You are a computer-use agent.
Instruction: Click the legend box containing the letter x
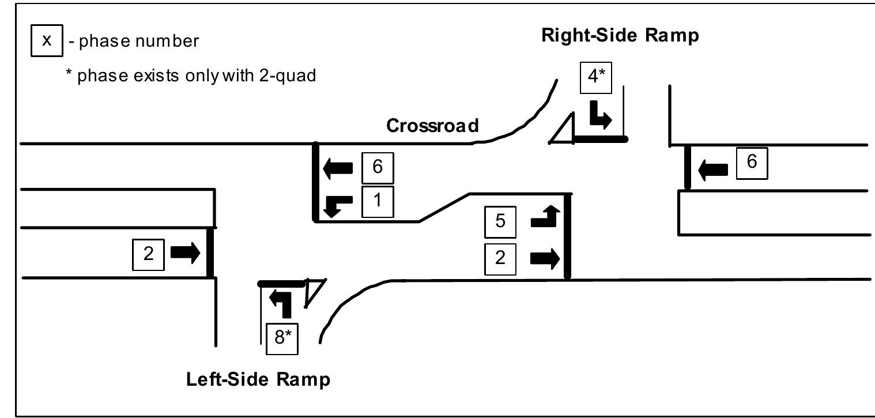click(x=47, y=41)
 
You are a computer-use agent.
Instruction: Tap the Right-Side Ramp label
click(x=620, y=36)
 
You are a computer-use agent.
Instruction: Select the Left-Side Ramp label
click(x=258, y=379)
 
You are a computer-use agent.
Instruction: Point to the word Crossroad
click(x=432, y=126)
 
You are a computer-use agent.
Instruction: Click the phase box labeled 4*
click(x=595, y=77)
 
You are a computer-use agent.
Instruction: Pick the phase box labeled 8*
click(x=281, y=338)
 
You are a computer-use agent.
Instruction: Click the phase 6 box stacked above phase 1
click(x=378, y=168)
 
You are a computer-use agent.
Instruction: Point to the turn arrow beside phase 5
click(x=545, y=218)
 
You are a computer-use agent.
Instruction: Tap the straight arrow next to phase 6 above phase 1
click(x=338, y=168)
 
